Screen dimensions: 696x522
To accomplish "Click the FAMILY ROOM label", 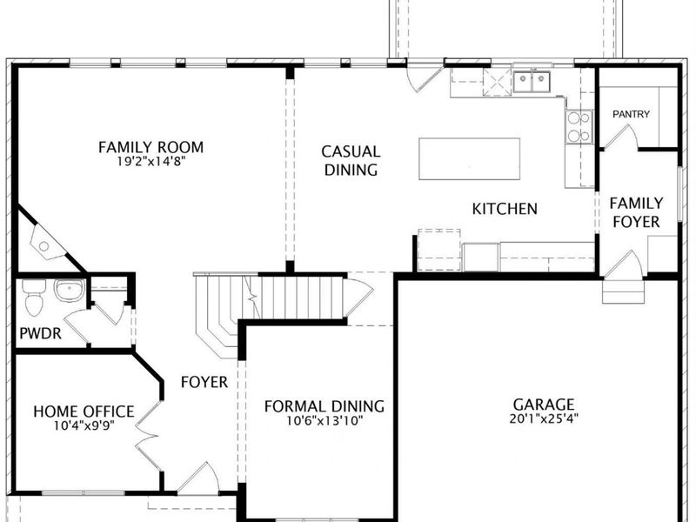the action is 151,147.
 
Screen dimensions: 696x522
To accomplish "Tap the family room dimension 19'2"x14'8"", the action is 151,162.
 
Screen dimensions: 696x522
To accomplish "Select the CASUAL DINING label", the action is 351,161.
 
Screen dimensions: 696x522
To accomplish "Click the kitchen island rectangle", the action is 469,158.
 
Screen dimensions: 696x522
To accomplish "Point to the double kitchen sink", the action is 532,82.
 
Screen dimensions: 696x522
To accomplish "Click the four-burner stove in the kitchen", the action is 579,126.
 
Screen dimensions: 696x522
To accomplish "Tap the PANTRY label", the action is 631,114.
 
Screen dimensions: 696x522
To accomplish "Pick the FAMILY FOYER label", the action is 636,212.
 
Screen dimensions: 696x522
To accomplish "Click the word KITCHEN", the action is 505,209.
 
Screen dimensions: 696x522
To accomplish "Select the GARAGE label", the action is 544,405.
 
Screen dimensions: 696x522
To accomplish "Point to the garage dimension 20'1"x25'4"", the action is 544,418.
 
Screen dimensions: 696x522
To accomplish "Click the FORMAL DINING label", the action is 325,406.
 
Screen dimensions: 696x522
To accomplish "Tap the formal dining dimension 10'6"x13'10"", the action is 325,420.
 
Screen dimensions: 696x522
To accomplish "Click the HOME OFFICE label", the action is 84,412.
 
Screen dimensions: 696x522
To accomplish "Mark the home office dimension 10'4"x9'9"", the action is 84,426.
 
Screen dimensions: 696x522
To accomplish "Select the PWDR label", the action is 40,333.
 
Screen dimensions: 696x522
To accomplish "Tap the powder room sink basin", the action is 70,291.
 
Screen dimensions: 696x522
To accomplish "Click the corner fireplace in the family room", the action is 47,243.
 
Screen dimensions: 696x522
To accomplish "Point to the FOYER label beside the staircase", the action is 204,382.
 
